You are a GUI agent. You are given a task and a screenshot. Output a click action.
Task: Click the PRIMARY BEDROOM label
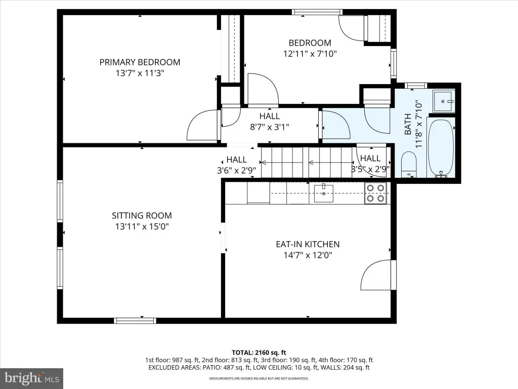coord(140,62)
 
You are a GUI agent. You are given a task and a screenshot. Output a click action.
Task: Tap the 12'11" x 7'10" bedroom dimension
coord(310,54)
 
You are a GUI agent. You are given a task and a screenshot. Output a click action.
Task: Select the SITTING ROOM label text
coord(142,216)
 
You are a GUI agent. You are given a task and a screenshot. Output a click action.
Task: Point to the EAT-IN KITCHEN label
coord(308,244)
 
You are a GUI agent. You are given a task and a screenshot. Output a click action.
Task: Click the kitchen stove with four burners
coord(376,193)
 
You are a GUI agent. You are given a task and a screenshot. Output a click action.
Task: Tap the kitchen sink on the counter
coord(323,193)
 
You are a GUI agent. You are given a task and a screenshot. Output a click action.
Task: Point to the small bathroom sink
coord(443,101)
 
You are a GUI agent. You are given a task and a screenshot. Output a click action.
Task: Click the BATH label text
coord(408,124)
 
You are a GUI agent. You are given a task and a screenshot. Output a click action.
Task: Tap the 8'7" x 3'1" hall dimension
coord(270,127)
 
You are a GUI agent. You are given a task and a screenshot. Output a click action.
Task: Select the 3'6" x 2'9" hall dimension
coord(237,170)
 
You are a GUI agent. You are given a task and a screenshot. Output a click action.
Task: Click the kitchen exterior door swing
coord(376,275)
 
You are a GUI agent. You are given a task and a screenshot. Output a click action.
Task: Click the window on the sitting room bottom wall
coord(135,321)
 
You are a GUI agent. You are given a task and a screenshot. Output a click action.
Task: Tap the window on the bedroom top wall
coord(317,12)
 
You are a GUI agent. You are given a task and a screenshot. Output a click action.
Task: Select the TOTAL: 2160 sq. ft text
coord(258,353)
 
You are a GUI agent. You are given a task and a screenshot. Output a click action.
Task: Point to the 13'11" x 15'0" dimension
coord(142,226)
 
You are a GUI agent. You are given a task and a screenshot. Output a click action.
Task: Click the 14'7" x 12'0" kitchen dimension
coord(308,255)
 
